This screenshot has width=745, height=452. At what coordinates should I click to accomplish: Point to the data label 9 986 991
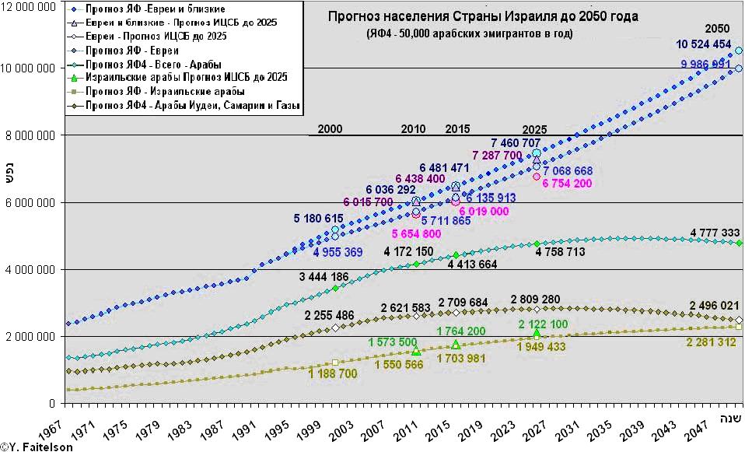705,65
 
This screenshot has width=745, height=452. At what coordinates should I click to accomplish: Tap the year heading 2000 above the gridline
330,129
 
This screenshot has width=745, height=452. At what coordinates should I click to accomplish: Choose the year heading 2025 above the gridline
534,129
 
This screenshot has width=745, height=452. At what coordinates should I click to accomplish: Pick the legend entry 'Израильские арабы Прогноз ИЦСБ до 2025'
186,77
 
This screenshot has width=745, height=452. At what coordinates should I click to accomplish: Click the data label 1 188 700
333,373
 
